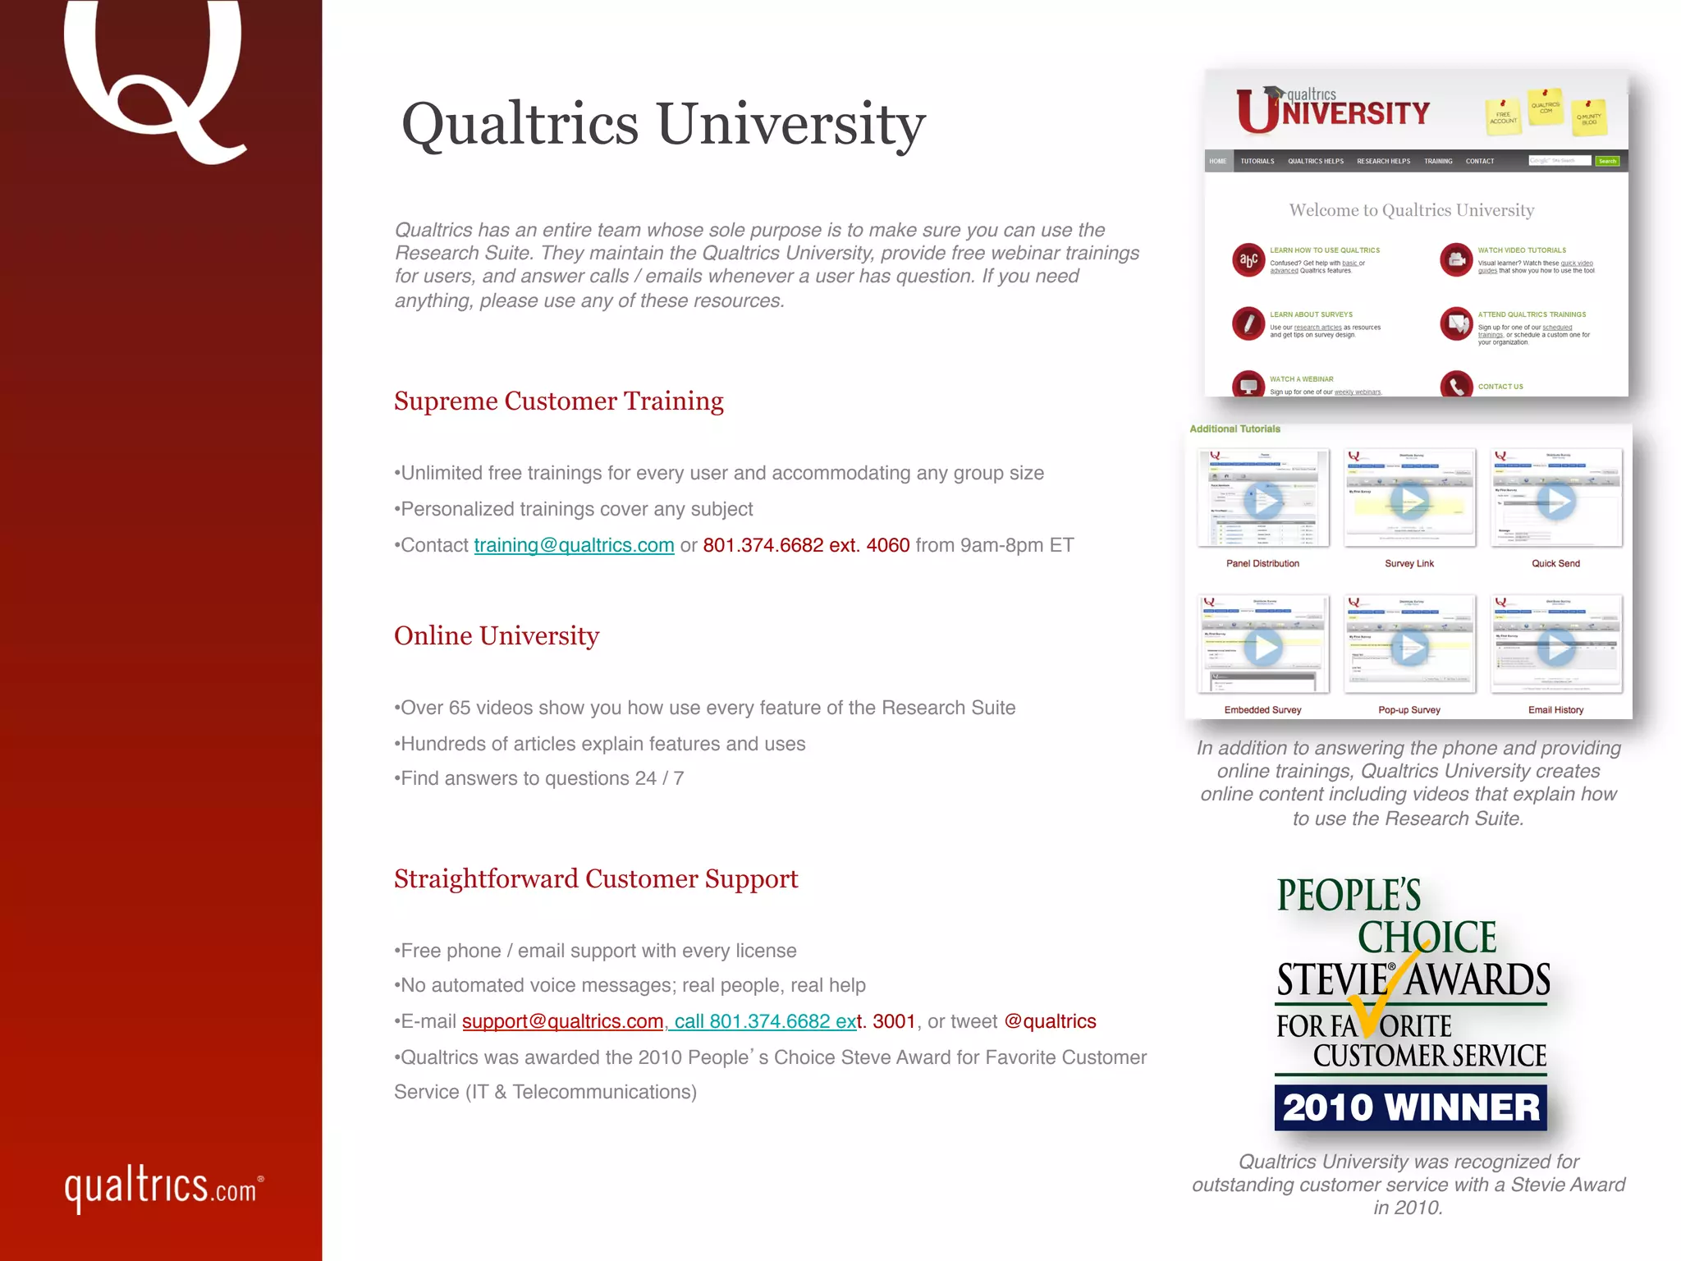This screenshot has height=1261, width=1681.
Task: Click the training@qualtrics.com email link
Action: pos(574,545)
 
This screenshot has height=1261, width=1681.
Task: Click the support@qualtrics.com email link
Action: pos(562,1021)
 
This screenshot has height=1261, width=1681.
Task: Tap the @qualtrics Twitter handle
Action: pos(1050,1021)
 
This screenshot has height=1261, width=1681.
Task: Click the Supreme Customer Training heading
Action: pos(558,401)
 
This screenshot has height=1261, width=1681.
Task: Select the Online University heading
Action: pos(497,635)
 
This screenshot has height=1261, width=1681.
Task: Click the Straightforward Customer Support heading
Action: pos(596,878)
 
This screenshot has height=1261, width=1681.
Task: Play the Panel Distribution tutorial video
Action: pos(1262,500)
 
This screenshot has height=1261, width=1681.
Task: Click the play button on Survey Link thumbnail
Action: pos(1409,500)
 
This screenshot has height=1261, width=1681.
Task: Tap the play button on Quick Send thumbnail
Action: pos(1555,500)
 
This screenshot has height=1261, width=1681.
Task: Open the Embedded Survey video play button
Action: pos(1262,647)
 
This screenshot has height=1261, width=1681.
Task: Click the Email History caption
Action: pos(1555,710)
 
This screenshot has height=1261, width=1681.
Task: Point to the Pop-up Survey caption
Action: pos(1409,710)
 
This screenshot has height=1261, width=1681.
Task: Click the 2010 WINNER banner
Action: pos(1411,1107)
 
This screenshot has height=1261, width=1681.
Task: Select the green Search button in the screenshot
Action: pos(1607,161)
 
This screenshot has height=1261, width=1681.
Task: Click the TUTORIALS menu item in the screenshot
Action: pos(1257,161)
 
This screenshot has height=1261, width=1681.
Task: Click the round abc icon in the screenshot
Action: pos(1248,260)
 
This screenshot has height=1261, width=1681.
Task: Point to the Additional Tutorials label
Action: pos(1234,429)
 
